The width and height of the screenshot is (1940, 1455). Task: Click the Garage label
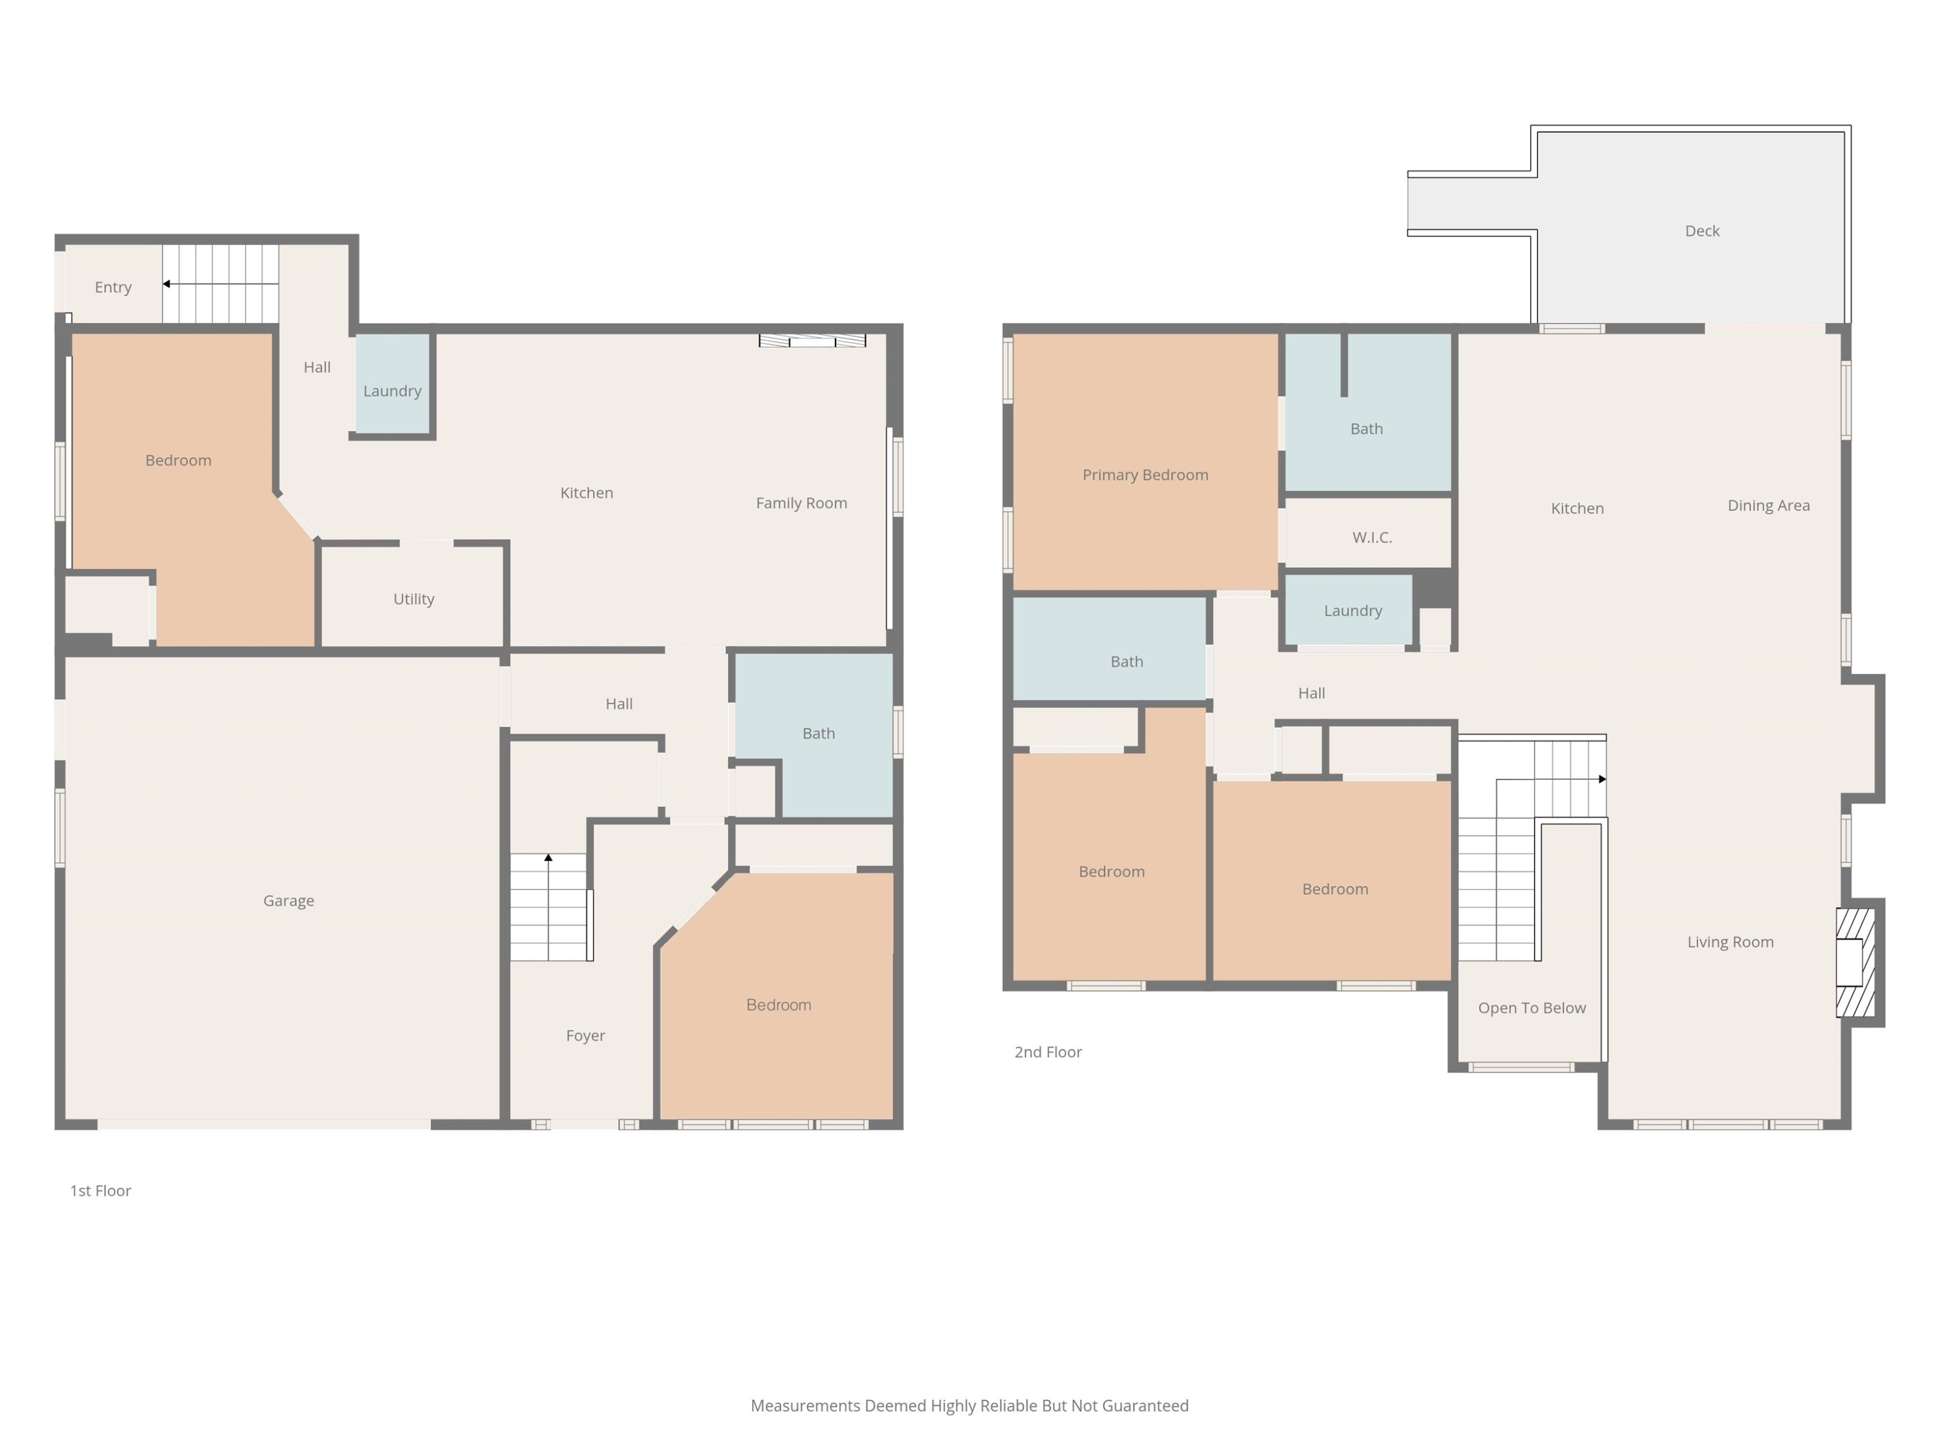coord(288,901)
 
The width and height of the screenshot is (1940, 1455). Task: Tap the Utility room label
coord(414,599)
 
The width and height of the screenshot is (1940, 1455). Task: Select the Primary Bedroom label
coord(1145,475)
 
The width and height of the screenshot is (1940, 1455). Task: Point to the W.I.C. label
coord(1373,537)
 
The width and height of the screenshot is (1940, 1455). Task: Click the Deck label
coord(1702,231)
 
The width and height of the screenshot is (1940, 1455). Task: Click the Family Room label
coord(802,503)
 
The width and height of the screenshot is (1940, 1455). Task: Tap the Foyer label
coord(586,1036)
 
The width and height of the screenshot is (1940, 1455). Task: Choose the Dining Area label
coord(1769,505)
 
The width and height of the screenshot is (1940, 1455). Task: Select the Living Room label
coord(1730,942)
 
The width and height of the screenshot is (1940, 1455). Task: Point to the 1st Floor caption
coord(101,1190)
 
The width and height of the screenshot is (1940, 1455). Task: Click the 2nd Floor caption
coord(1048,1051)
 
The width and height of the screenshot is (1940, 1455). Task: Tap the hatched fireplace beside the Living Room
coord(1855,962)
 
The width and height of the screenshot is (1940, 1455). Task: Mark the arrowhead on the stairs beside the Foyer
coord(548,857)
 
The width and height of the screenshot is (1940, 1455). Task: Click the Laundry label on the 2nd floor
coord(1353,610)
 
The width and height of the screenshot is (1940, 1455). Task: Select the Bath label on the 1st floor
coord(818,733)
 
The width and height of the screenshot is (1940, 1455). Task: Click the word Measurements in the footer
coord(806,1406)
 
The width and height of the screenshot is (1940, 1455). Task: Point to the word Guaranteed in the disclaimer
coord(1145,1406)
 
